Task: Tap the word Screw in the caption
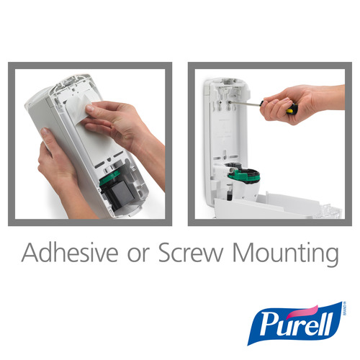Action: point(195,253)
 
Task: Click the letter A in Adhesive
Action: point(30,253)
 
